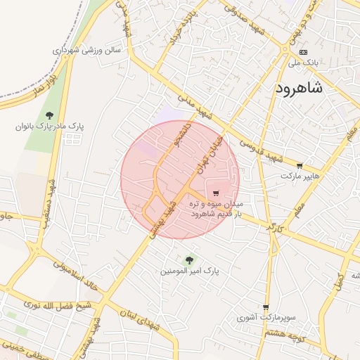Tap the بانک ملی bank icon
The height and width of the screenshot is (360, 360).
(303, 53)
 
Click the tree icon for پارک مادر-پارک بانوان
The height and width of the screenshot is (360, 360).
(49, 115)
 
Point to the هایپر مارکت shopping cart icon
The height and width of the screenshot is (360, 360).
(300, 167)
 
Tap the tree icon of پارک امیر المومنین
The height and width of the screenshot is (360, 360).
(188, 260)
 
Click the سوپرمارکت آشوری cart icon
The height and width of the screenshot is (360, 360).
(266, 308)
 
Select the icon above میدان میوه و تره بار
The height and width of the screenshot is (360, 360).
(215, 193)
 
